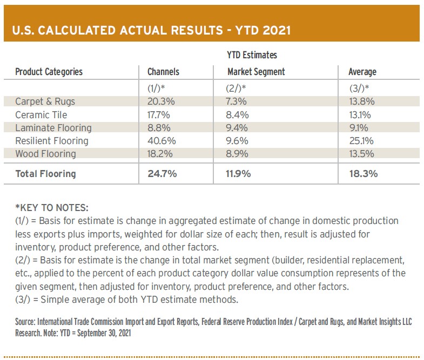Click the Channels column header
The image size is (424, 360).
(x=163, y=72)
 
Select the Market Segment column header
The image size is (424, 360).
(x=256, y=72)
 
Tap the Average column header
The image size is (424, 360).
(x=362, y=72)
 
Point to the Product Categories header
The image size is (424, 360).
(x=49, y=72)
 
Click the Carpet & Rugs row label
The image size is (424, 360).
(x=45, y=101)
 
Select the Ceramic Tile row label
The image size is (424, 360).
(x=41, y=115)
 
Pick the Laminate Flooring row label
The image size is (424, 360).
(x=53, y=128)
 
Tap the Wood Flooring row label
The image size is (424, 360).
(x=46, y=154)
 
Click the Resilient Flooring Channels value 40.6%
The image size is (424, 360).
(x=161, y=141)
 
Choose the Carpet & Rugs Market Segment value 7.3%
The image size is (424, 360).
(x=237, y=101)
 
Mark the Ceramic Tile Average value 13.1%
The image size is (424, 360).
(x=360, y=115)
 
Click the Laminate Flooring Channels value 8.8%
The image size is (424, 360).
(x=159, y=128)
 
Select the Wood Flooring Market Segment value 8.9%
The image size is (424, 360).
(x=237, y=154)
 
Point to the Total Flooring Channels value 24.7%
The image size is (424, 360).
(x=162, y=173)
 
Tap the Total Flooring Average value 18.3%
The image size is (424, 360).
(x=364, y=173)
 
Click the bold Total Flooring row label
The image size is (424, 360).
(x=46, y=174)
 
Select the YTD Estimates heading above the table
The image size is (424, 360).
(x=252, y=55)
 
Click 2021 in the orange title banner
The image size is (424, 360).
(x=277, y=30)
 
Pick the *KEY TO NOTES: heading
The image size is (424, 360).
(x=52, y=208)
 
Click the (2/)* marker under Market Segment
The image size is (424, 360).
(x=236, y=88)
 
